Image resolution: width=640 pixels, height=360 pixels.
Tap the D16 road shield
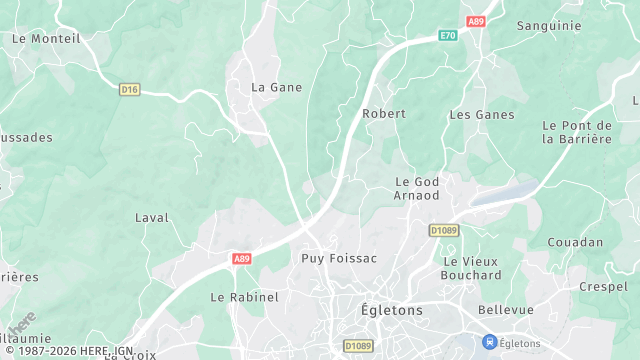[x=129, y=89]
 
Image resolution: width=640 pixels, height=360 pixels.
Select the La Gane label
[x=276, y=87]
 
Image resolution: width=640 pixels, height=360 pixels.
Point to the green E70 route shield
[x=448, y=36]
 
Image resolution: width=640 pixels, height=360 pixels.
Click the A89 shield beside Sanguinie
[x=475, y=20]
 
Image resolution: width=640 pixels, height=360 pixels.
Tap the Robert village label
[x=384, y=114]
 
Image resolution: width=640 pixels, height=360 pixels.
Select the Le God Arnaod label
[x=418, y=189]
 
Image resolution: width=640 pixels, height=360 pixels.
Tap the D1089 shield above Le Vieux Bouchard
[x=443, y=230]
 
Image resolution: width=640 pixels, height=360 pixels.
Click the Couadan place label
[x=576, y=242]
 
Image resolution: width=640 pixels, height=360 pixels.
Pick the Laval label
[x=151, y=217]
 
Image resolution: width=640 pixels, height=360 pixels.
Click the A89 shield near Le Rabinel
[x=241, y=259]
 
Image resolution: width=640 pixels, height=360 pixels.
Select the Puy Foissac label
[x=339, y=258]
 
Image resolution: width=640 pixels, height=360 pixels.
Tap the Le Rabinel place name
[x=244, y=297]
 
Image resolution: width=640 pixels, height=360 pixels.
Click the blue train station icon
[x=489, y=342]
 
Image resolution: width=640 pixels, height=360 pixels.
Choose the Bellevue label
[x=506, y=310]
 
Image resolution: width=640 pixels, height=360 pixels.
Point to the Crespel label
[x=603, y=286]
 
